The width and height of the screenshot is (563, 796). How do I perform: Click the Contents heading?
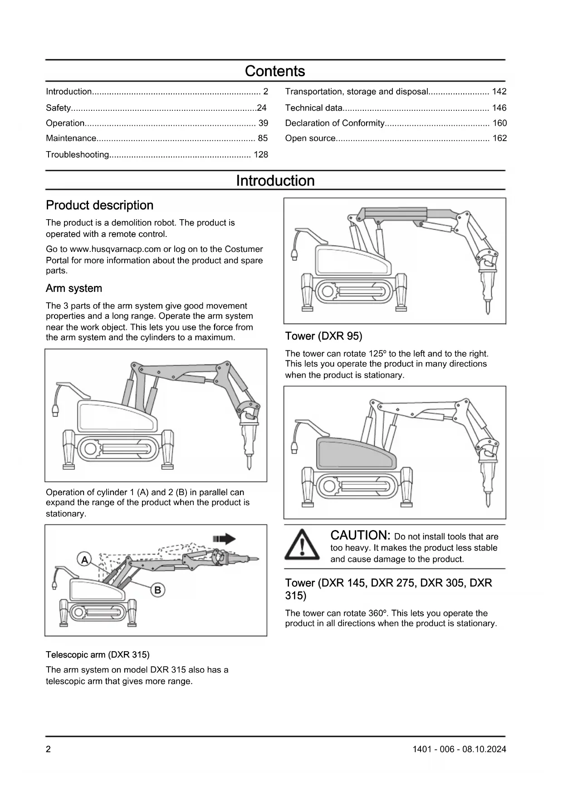tap(275, 71)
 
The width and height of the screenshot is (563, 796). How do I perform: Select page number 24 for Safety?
tap(262, 108)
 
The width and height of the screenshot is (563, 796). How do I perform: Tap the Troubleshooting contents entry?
tap(78, 155)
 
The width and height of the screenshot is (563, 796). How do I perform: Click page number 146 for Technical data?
tap(499, 108)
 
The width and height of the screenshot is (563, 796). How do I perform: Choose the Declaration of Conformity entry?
tap(335, 123)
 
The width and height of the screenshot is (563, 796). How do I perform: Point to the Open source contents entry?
tap(310, 138)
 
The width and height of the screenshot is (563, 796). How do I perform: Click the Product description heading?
tap(100, 205)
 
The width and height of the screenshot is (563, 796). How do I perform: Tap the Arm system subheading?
tap(74, 289)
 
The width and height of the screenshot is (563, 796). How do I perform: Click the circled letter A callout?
tap(84, 560)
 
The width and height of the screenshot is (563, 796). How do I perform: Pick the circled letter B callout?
tap(157, 590)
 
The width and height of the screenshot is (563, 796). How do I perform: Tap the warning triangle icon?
tap(302, 545)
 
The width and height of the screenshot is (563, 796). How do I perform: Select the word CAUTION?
tap(360, 536)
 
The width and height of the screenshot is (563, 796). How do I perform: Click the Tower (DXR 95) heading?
tap(323, 336)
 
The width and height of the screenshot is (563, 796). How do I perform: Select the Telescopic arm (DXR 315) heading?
tap(98, 654)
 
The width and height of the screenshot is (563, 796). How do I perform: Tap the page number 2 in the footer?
tap(49, 749)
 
